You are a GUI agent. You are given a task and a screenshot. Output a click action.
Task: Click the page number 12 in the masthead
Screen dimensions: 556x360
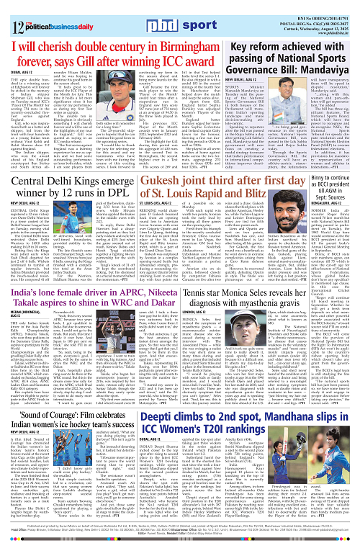[12, 12]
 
